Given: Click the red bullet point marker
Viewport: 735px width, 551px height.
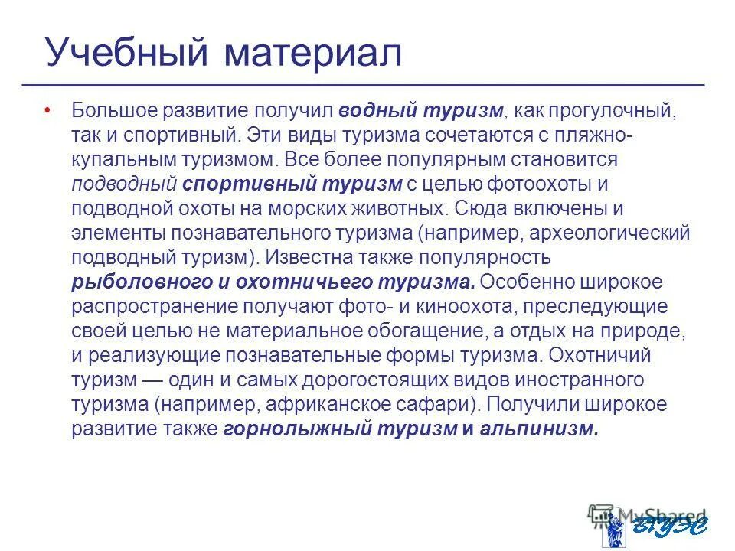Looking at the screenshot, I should [47, 110].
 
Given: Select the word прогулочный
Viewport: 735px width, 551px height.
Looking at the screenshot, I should [595, 112].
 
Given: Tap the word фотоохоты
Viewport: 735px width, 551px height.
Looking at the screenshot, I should [540, 184].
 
